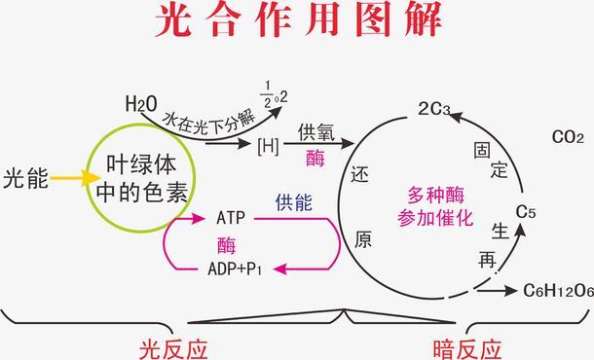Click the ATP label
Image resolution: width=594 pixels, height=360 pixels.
231,218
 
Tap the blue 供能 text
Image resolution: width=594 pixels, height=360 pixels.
293,203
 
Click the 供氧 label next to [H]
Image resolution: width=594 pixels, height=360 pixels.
316,133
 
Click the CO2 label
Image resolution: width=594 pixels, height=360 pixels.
567,137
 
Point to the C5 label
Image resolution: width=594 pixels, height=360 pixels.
526,211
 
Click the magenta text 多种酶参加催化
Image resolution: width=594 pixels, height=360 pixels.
435,206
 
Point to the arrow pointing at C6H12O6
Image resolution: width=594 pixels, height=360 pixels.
498,290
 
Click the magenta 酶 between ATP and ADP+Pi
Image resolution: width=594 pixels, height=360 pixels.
227,243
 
